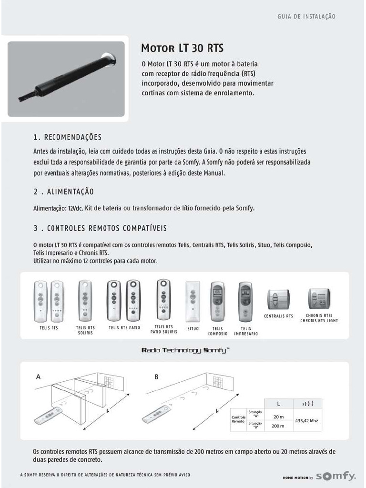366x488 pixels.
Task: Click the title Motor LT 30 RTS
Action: (182, 48)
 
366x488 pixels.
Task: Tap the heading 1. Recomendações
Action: (67, 137)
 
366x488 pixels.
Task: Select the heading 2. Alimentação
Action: (63, 192)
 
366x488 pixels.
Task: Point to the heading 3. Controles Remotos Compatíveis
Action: (100, 228)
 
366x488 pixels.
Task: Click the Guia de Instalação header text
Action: (306, 17)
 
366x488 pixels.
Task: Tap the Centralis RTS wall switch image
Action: (278, 299)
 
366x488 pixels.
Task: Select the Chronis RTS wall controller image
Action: (319, 299)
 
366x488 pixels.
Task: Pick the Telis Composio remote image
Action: (217, 302)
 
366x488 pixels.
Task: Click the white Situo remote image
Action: (193, 302)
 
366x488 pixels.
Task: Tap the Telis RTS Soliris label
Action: (85, 330)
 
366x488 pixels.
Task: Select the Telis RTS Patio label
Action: (124, 328)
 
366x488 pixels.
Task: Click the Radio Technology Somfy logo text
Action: (185, 350)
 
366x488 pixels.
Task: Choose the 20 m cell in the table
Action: (278, 417)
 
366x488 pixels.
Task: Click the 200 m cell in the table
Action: (278, 426)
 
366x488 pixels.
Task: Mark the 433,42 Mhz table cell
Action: (307, 421)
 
